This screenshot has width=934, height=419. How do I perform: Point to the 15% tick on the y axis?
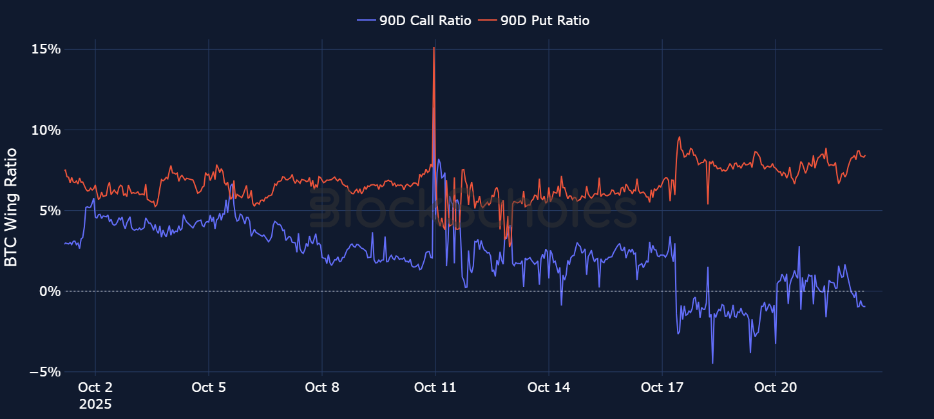pos(46,50)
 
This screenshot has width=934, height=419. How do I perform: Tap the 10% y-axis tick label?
pos(46,130)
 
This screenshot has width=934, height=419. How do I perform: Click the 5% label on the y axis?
pos(50,211)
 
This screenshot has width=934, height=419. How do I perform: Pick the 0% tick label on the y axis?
pos(50,291)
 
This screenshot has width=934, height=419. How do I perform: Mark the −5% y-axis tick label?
pos(46,372)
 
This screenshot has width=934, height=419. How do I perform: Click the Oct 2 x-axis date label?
pos(95,387)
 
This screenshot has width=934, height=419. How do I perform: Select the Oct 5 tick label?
pos(208,387)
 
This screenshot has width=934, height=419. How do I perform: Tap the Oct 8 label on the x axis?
pos(321,387)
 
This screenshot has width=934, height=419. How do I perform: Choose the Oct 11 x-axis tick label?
pos(435,387)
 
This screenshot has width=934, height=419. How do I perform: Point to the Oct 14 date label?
pos(548,387)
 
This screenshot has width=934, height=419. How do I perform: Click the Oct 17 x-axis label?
pos(662,387)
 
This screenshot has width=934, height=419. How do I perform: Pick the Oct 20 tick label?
pos(775,387)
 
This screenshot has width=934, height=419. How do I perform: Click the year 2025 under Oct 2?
pos(95,405)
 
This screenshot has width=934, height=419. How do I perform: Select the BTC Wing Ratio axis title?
pos(11,208)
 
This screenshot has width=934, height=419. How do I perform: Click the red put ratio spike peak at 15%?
pos(434,48)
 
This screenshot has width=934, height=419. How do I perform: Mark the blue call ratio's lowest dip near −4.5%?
pos(712,363)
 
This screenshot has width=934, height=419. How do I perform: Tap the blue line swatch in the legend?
pos(366,21)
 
